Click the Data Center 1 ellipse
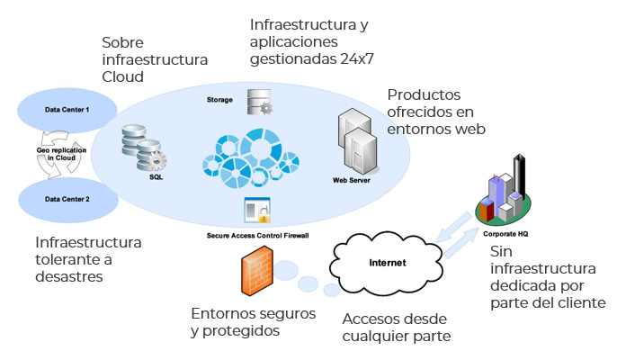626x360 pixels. (x=67, y=110)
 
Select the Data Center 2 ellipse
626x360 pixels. (x=67, y=198)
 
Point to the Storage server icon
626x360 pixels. (x=260, y=102)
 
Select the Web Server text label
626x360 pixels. (x=352, y=180)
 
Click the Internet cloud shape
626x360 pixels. (x=387, y=263)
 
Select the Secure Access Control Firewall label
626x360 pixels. (x=257, y=236)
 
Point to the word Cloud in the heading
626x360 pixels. (x=122, y=77)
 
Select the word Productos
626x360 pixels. (x=425, y=94)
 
